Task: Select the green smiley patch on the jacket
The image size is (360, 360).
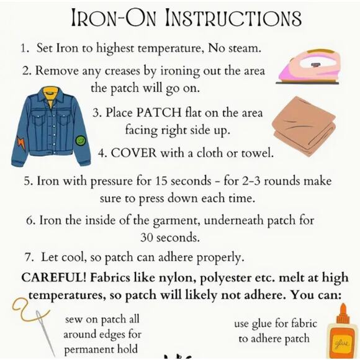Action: (79, 140)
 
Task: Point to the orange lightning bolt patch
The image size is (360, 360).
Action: (21, 142)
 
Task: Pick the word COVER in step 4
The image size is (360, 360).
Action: (134, 153)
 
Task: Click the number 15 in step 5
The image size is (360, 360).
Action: (161, 181)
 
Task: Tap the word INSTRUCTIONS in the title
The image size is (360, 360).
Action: (233, 17)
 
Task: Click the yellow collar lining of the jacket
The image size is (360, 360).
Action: (51, 94)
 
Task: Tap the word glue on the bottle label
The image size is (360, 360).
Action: (343, 343)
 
